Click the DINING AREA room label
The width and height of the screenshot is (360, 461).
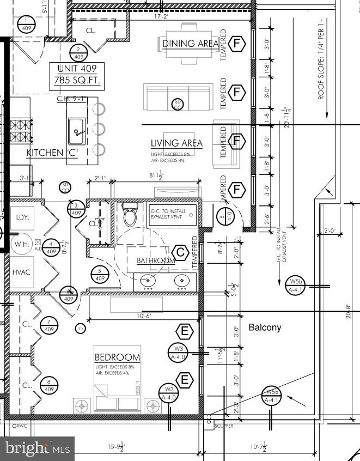click(190, 44)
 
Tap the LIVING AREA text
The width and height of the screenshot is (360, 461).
click(176, 143)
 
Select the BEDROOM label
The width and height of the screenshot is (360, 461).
click(117, 357)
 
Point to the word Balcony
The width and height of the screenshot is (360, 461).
click(265, 327)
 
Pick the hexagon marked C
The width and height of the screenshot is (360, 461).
click(180, 253)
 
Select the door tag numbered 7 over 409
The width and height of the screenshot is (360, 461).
click(49, 325)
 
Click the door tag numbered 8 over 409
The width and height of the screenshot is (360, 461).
click(49, 385)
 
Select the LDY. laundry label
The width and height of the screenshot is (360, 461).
click(22, 217)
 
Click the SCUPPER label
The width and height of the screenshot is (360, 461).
click(223, 426)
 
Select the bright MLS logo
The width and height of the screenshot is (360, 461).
click(38, 448)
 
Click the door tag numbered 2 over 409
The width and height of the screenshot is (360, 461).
click(78, 52)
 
